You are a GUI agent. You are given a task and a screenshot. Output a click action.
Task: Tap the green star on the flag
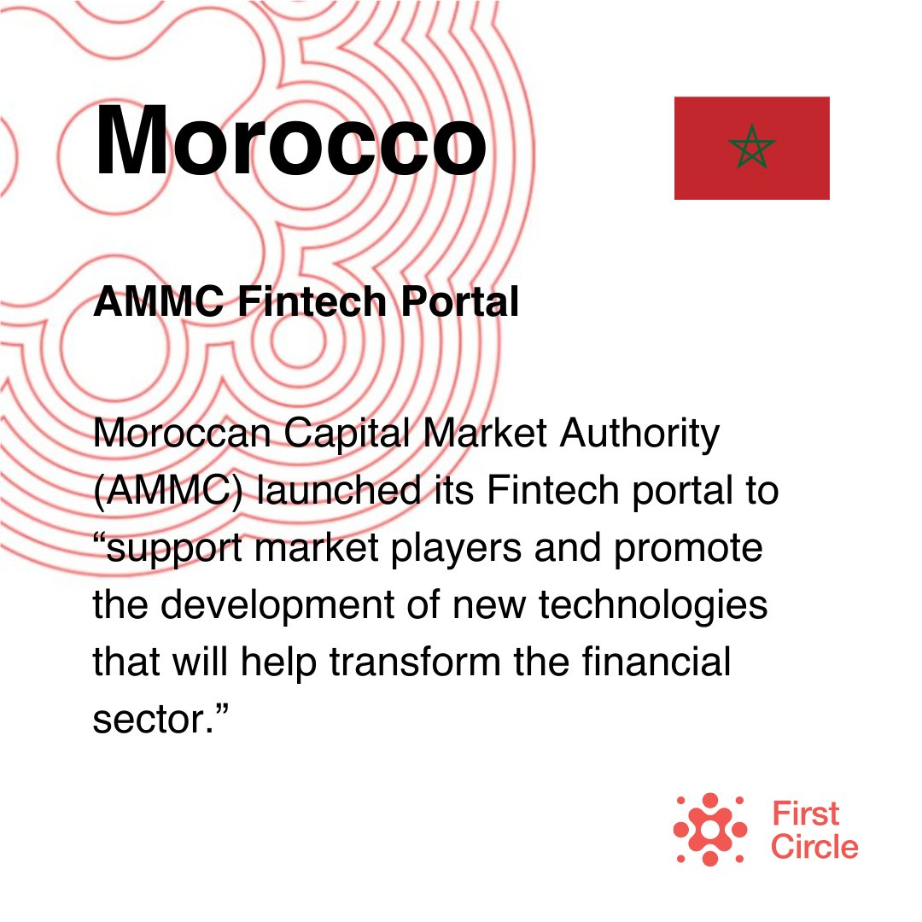click(751, 148)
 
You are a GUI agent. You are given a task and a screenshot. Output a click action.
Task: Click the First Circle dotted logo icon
click(709, 829)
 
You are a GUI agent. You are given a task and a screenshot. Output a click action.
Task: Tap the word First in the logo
click(805, 814)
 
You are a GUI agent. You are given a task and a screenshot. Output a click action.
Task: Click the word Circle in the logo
click(814, 847)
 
